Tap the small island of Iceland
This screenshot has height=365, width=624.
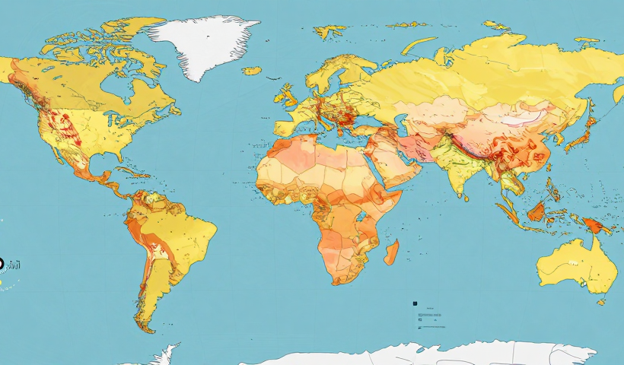tap(252, 71)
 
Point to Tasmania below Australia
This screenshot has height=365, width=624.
tap(600, 302)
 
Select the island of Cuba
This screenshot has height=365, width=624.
tap(130, 173)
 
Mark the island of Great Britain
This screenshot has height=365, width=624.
tap(288, 95)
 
